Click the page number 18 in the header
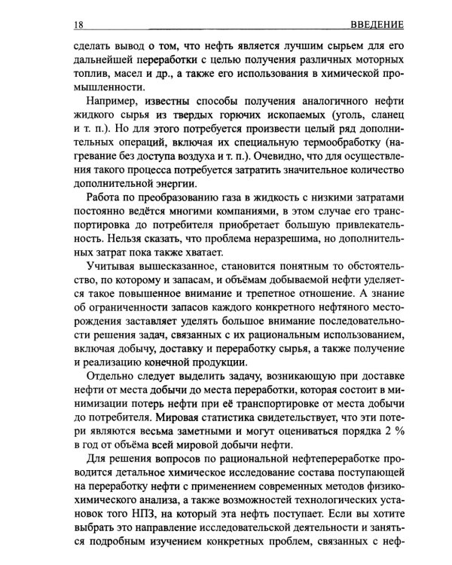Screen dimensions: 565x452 coord(78,25)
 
